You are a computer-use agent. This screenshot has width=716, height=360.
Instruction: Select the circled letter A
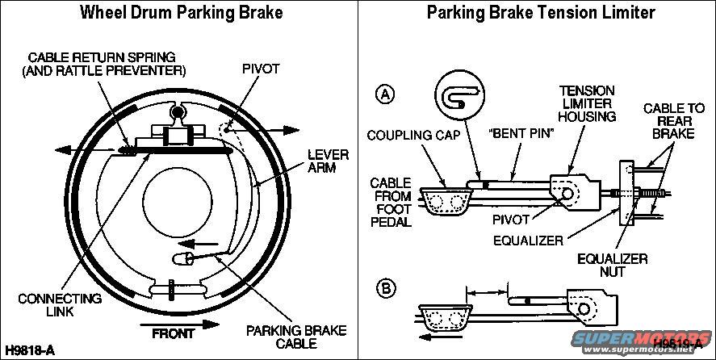click(x=387, y=94)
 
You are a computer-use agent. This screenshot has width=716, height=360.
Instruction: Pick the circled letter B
click(x=387, y=288)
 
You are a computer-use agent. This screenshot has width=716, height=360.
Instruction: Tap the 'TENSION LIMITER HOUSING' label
click(x=588, y=104)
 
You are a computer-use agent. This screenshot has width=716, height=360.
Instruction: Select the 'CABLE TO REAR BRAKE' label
click(x=668, y=121)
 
